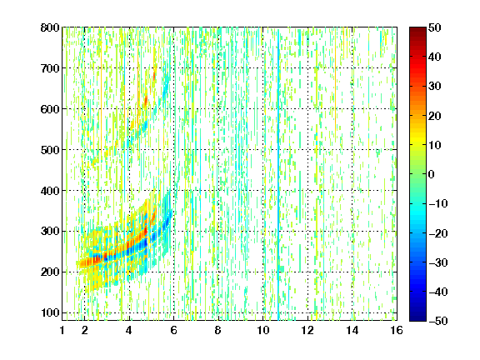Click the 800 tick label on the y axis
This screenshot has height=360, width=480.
click(50, 27)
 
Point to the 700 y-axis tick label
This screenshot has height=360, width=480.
click(50, 68)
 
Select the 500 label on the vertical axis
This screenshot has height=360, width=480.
click(50, 150)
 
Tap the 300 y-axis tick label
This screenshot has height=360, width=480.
click(50, 232)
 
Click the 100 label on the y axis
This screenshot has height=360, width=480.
click(50, 312)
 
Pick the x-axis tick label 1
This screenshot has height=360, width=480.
click(62, 331)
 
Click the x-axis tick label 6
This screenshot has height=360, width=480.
click(174, 331)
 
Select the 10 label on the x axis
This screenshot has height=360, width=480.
click(263, 331)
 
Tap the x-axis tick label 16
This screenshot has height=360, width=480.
click(397, 331)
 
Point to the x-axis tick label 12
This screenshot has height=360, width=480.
click(307, 331)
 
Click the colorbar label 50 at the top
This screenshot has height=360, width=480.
click(434, 27)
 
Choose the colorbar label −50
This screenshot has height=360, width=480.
click(438, 321)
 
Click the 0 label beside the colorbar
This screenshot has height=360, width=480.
click(432, 174)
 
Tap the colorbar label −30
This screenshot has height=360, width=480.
click(438, 262)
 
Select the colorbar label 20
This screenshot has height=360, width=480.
click(434, 116)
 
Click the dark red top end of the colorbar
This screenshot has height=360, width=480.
click(417, 29)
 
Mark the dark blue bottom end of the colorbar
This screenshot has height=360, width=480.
click(417, 319)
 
